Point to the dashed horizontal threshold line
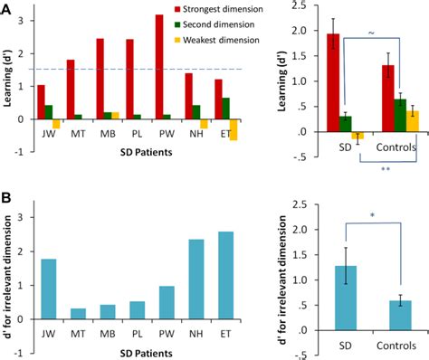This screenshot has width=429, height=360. [x=136, y=69]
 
